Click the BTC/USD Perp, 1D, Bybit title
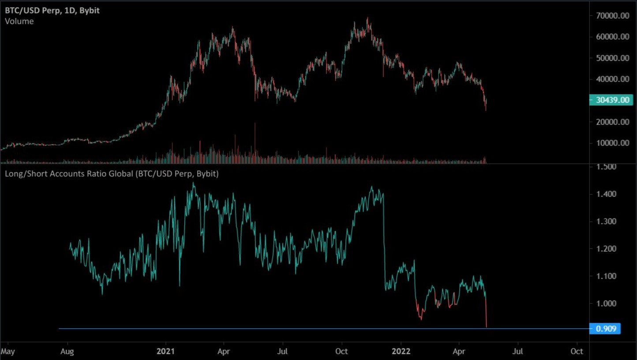pos(52,10)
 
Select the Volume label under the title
pos(19,21)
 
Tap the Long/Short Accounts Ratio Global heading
pos(112,174)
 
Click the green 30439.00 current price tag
pos(611,100)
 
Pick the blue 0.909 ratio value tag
pos(605,329)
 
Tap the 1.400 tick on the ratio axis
pos(607,194)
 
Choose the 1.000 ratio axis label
pos(607,304)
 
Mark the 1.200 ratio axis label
pos(607,249)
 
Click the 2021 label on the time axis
pos(166,351)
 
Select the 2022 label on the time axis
pos(401,351)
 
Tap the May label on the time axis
pos(8,351)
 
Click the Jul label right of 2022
pos(518,351)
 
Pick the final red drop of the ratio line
pos(486,313)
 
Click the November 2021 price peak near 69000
pos(367,19)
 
